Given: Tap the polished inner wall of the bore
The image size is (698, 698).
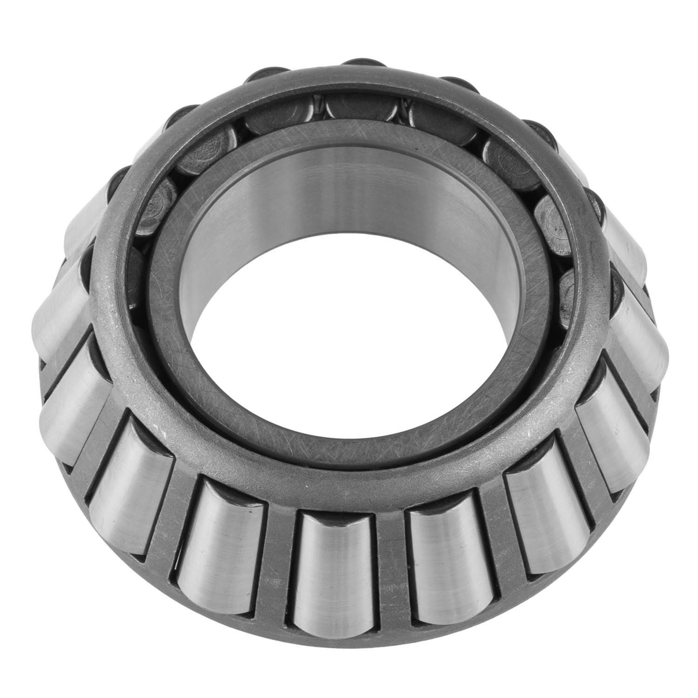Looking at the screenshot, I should point(344,195).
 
